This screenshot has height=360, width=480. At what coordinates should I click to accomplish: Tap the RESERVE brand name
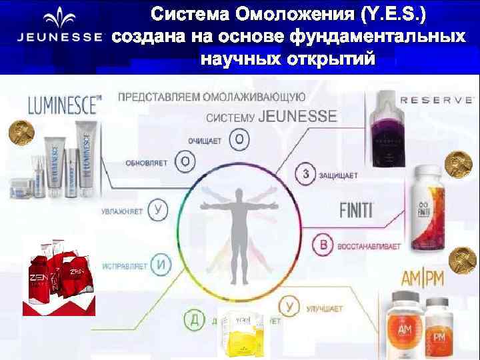coord(436,99)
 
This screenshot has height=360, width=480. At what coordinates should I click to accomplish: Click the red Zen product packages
coord(59,275)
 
